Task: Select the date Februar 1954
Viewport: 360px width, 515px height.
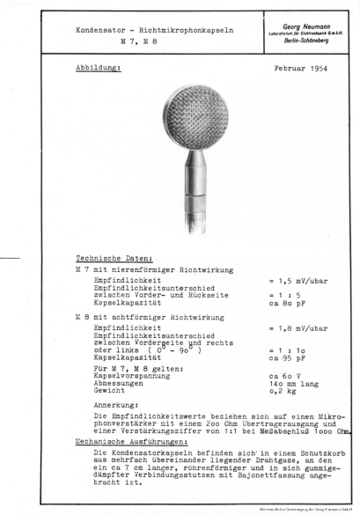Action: tap(301, 68)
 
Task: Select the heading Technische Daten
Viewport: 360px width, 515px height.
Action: tap(107, 258)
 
